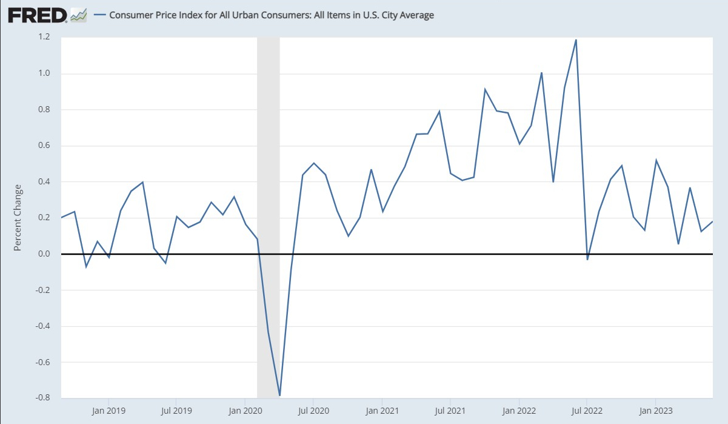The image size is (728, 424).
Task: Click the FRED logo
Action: pos(36,15)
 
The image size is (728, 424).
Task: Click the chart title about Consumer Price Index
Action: pos(271,15)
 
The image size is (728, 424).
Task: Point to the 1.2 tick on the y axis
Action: pos(44,38)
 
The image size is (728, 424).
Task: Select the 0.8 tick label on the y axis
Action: pos(44,110)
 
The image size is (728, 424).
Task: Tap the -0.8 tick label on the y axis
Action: pos(42,399)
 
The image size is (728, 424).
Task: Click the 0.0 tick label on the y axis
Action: pos(44,254)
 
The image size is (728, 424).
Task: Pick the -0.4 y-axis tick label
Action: pos(42,326)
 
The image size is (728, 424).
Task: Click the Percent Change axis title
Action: pos(18,217)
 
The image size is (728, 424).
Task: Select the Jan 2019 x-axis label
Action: pos(109,409)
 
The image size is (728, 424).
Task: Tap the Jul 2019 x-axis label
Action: pos(176,409)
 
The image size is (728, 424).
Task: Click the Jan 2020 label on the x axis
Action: pos(244,409)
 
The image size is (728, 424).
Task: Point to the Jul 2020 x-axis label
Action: pos(313,409)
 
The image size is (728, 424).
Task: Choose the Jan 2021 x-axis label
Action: pos(382,409)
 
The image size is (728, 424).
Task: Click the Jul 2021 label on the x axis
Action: pos(450,409)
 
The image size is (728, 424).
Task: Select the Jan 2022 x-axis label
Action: pos(519,409)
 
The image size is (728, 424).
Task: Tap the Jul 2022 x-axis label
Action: pos(587,409)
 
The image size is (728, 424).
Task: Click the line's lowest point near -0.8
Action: pos(279,395)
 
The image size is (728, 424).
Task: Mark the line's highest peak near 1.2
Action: pos(576,40)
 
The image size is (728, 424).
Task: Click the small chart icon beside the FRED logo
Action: pos(79,15)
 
